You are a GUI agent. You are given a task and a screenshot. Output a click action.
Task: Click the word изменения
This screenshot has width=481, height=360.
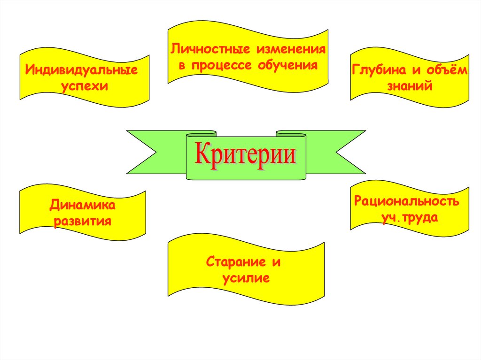tap(291, 48)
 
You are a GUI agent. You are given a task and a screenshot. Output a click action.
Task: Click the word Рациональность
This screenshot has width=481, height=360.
tap(407, 202)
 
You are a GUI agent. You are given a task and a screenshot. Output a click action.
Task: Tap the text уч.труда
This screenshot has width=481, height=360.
tap(410, 218)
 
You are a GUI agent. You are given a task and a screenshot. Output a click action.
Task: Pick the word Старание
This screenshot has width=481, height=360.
tap(232, 262)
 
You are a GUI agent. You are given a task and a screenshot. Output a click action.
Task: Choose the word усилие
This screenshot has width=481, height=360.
tap(245, 278)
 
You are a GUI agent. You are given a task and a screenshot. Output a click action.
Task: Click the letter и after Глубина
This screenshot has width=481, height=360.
tap(415, 70)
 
